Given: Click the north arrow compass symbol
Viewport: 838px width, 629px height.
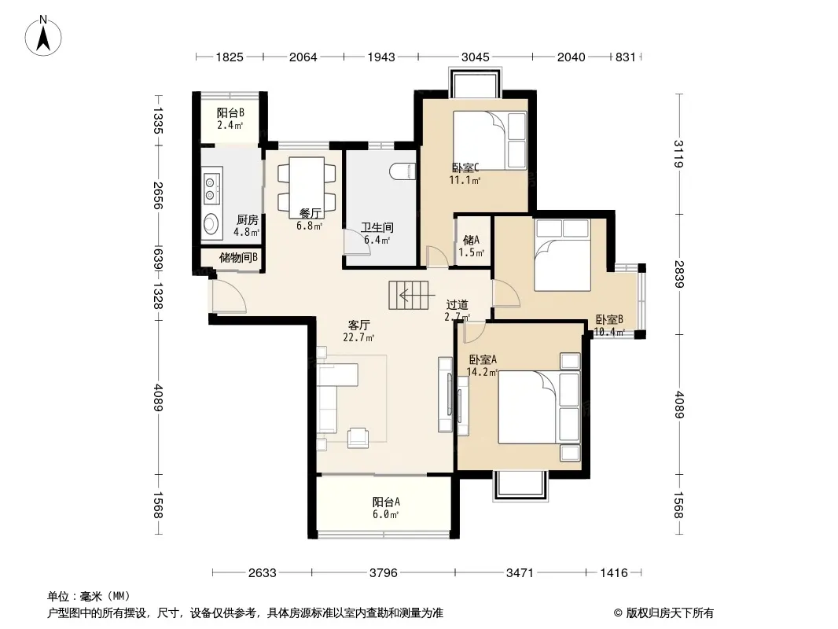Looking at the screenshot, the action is pos(43,35).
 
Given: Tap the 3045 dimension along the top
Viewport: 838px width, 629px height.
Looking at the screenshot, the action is pos(475,57).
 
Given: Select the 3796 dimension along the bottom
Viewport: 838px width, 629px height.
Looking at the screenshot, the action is pos(383,573).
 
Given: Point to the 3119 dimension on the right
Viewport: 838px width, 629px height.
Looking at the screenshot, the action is pos(678,153).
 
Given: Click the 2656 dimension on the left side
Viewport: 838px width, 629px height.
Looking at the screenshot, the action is pos(158,196).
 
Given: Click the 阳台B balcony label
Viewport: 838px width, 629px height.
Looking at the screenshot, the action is pos(230,112).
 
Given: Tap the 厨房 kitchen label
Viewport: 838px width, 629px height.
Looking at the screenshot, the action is pos(248,219).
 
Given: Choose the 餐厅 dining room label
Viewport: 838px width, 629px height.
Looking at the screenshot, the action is pos(310,214).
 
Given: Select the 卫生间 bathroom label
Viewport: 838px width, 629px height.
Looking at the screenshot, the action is pos(377,228).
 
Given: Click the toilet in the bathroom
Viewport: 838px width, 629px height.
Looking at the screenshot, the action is pos(403,171).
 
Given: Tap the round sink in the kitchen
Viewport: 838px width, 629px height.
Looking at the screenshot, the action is pos(211,224).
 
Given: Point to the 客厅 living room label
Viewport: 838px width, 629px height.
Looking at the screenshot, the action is pos(358,326).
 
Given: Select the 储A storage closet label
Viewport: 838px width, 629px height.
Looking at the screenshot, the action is pos(471,241).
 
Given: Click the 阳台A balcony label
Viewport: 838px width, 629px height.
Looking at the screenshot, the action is pos(386,502).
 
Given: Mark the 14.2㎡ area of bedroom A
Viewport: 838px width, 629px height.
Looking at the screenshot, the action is pos(482,373).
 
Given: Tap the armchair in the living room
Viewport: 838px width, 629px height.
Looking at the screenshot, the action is pos(358,437).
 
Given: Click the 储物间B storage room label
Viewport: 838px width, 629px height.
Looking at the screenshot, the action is pos(239,258).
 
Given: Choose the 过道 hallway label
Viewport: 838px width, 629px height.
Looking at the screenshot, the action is pos(457,304).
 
